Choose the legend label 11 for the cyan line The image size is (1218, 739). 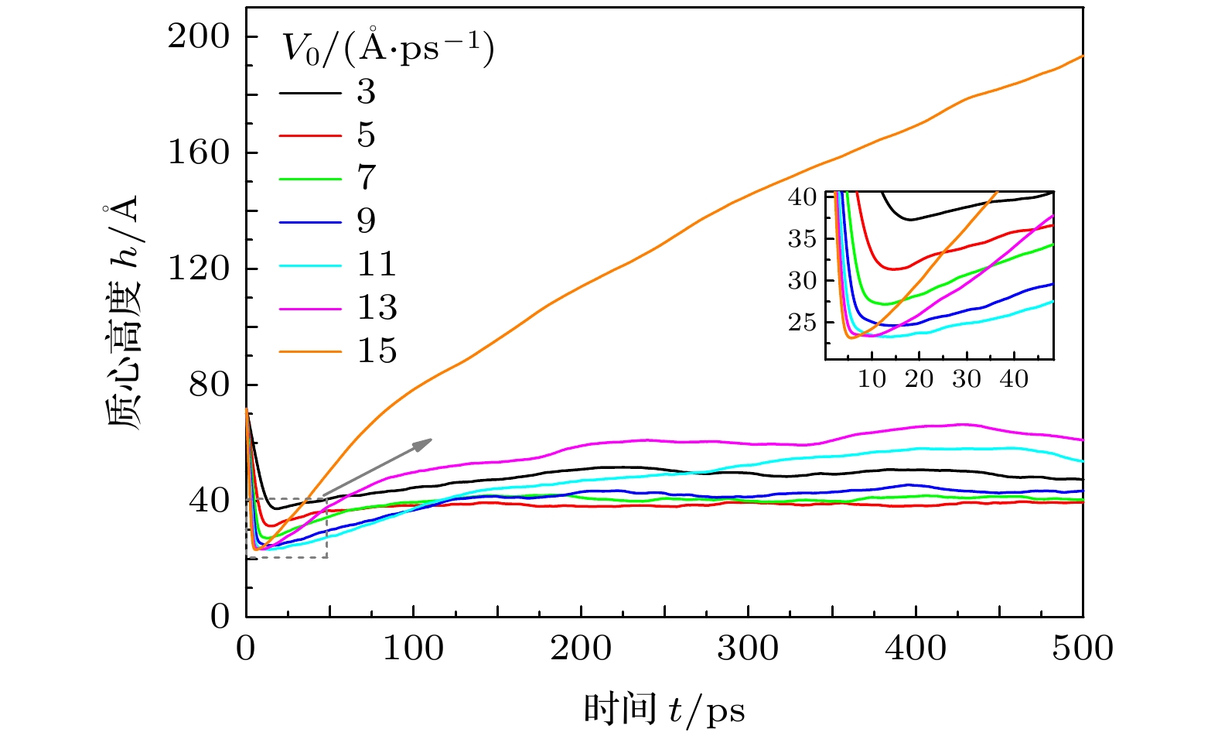pyautogui.click(x=376, y=265)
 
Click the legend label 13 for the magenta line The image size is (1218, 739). pyautogui.click(x=376, y=308)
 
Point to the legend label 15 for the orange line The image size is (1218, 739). pyautogui.click(x=376, y=351)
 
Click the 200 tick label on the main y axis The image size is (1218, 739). pyautogui.click(x=200, y=36)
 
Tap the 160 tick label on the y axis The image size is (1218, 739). pyautogui.click(x=200, y=152)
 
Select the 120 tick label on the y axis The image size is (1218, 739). pyautogui.click(x=200, y=269)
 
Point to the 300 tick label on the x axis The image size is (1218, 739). pyautogui.click(x=748, y=648)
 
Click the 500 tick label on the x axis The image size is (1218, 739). pyautogui.click(x=1082, y=648)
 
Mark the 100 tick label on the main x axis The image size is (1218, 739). pyautogui.click(x=414, y=648)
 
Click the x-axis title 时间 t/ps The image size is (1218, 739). pyautogui.click(x=664, y=709)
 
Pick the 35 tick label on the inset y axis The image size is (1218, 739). pyautogui.click(x=802, y=238)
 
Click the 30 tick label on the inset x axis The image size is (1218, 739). pyautogui.click(x=967, y=379)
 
